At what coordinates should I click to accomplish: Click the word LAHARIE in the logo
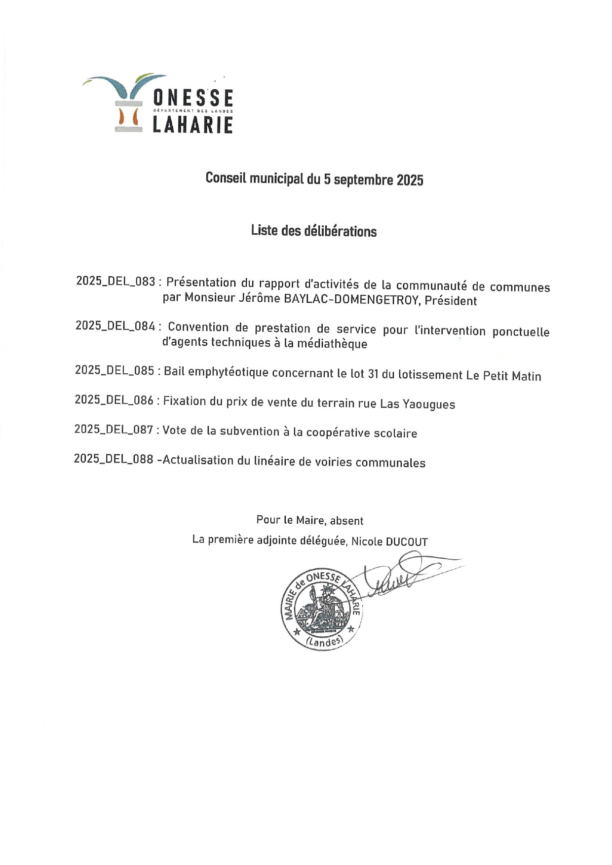[x=192, y=125]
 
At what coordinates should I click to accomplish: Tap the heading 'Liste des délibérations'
[x=313, y=231]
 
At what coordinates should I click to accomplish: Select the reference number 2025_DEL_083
[x=116, y=282]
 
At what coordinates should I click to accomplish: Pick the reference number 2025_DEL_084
[x=115, y=325]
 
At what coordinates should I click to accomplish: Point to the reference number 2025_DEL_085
[x=115, y=370]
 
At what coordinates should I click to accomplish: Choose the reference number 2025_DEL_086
[x=115, y=400]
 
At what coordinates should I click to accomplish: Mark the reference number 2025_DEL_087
[x=114, y=430]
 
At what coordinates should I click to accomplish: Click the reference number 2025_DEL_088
[x=114, y=459]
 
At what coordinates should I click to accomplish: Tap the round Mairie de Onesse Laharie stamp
[x=321, y=608]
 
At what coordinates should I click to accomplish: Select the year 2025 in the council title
[x=410, y=180]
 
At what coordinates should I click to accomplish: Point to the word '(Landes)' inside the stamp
[x=324, y=641]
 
